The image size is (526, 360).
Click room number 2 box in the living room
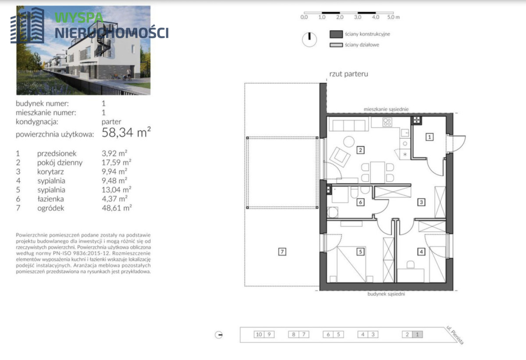pyautogui.click(x=360, y=150)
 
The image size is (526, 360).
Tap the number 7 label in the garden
pyautogui.click(x=282, y=252)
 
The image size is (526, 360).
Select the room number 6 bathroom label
pyautogui.click(x=360, y=202)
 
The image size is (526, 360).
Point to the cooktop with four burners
pyautogui.click(x=387, y=122)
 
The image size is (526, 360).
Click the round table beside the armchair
pyautogui.click(x=349, y=142)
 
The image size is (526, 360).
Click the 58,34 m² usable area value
pyautogui.click(x=126, y=132)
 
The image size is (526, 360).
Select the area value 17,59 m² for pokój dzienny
pyautogui.click(x=116, y=162)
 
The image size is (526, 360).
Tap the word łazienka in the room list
pyautogui.click(x=51, y=199)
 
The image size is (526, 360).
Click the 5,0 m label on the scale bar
pyautogui.click(x=393, y=17)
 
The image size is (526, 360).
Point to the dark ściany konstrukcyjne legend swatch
pyautogui.click(x=336, y=34)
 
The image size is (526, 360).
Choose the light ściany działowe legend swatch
pyautogui.click(x=336, y=45)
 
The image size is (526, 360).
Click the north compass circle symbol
pyautogui.click(x=309, y=39)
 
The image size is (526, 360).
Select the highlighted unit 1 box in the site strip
pyautogui.click(x=417, y=335)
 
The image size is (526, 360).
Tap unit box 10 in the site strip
pyautogui.click(x=259, y=335)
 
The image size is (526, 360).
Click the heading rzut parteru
pyautogui.click(x=349, y=74)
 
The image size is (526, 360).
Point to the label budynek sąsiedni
pyautogui.click(x=386, y=294)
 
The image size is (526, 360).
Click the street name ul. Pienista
pyautogui.click(x=455, y=335)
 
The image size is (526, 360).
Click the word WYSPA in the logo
pyautogui.click(x=79, y=18)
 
